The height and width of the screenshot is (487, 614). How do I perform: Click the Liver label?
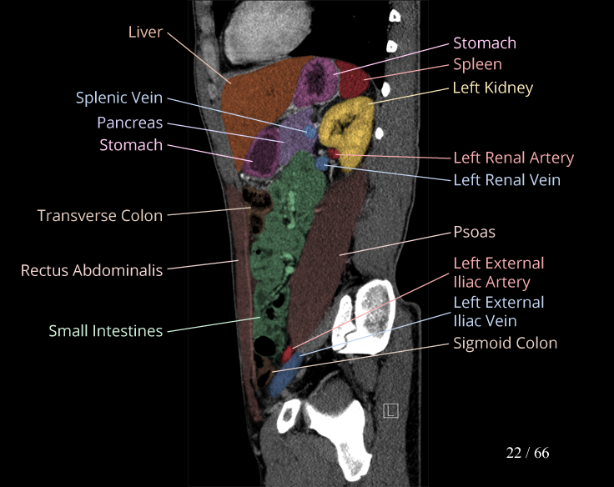[144, 33]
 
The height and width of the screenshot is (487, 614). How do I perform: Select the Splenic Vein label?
[119, 98]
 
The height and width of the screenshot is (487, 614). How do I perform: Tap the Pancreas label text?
[129, 123]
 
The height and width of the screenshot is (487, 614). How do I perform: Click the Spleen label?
[477, 64]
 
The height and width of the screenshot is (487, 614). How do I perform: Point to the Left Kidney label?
[492, 88]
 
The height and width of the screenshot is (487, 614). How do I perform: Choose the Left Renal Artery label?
[513, 158]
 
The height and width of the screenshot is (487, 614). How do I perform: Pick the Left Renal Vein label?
[506, 179]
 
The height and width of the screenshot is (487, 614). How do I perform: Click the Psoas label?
[474, 232]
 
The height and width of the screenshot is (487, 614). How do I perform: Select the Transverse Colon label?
[100, 216]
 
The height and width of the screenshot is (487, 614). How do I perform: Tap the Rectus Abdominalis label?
[92, 270]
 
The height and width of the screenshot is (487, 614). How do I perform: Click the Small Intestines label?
[105, 331]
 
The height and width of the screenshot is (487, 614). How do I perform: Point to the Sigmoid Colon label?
[505, 343]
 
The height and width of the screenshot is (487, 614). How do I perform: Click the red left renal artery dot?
[333, 154]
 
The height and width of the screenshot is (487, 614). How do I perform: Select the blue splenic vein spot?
[310, 132]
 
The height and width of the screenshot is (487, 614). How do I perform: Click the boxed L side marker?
[390, 409]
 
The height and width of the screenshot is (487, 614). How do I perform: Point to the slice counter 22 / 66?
[527, 453]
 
